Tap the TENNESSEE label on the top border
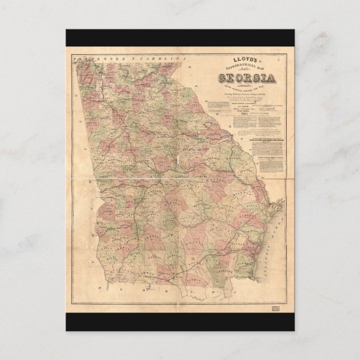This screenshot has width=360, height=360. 95,58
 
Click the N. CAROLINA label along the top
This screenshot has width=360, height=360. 150,58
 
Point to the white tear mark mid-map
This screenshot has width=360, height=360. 177,161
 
